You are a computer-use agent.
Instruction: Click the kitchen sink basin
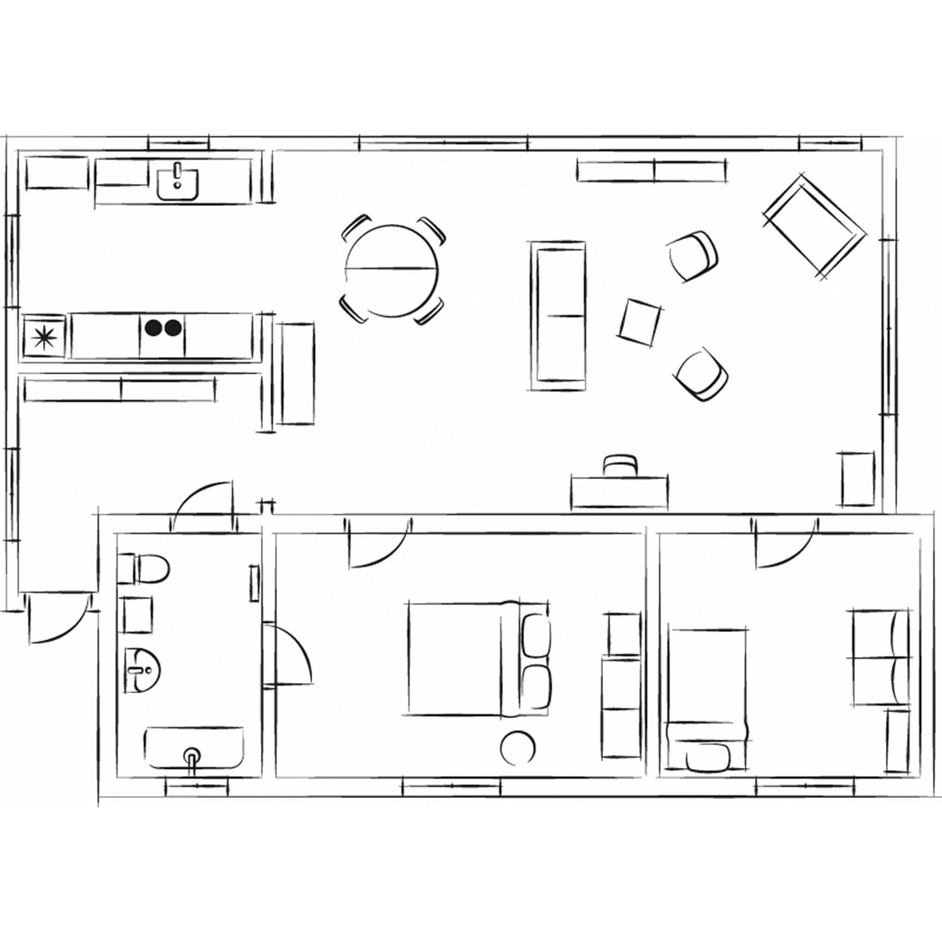(178, 184)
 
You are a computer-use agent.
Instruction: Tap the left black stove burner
(153, 328)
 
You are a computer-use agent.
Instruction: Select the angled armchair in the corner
(816, 226)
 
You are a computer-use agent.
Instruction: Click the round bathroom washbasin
(143, 669)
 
